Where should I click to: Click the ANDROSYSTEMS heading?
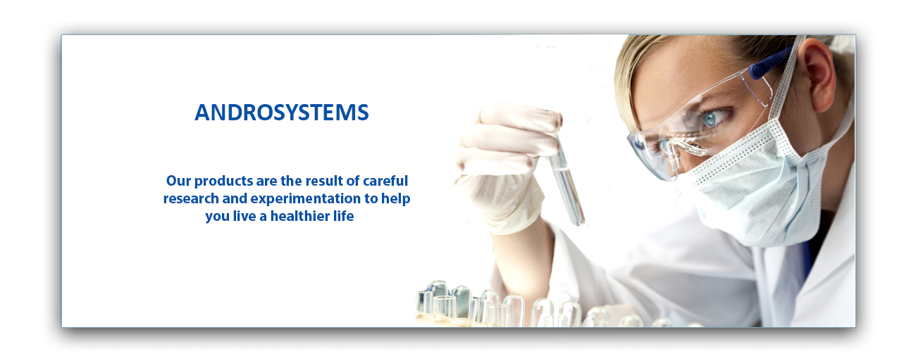(x=282, y=113)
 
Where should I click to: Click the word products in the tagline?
(x=223, y=181)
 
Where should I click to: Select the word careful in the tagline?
(x=385, y=181)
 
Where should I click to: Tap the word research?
(x=191, y=198)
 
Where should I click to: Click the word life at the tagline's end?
(x=344, y=216)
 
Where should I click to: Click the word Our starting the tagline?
(x=178, y=181)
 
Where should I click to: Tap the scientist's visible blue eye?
(x=710, y=118)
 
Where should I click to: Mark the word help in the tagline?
(x=395, y=199)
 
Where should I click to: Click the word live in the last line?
(x=244, y=216)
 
